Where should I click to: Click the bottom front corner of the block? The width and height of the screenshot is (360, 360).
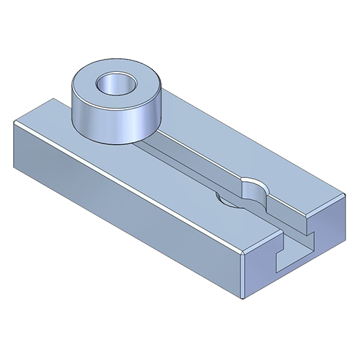[x=242, y=298]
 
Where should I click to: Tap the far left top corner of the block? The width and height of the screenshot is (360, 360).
[x=14, y=122]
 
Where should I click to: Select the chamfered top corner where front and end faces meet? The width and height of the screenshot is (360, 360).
[x=245, y=252]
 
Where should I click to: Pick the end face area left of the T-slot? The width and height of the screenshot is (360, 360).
[x=259, y=275]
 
